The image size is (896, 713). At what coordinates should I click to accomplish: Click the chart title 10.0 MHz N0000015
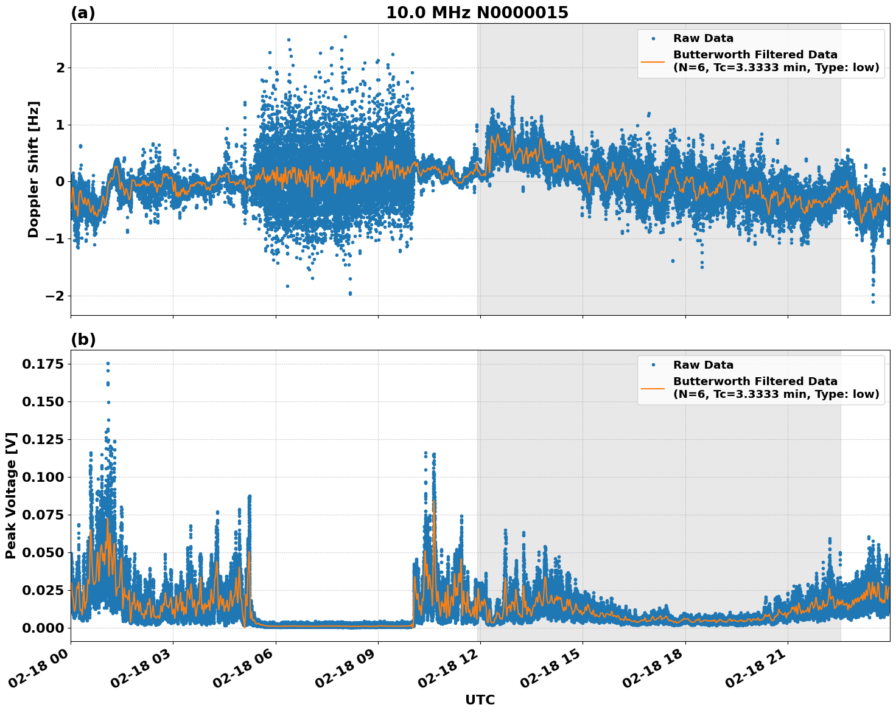[477, 13]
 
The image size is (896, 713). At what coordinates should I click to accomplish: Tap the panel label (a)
[83, 13]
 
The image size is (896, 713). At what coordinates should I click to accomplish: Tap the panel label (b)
[83, 339]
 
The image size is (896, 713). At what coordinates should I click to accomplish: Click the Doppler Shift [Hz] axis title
[33, 169]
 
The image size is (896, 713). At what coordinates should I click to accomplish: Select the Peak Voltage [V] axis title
[10, 495]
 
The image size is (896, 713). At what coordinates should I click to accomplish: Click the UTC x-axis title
[480, 700]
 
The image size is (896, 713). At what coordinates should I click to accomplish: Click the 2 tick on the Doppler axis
[60, 68]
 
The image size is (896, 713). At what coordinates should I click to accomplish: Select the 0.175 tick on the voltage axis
[43, 364]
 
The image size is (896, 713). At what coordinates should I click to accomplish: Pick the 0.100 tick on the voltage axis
[43, 477]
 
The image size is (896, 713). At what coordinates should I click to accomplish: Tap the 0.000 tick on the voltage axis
[43, 627]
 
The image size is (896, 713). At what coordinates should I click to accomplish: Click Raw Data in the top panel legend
[703, 39]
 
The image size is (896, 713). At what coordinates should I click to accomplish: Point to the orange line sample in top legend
[653, 61]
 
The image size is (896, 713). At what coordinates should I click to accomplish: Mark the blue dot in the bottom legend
[653, 365]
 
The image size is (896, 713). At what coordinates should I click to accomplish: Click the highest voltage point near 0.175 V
[108, 363]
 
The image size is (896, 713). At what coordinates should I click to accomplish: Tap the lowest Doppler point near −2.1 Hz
[873, 302]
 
